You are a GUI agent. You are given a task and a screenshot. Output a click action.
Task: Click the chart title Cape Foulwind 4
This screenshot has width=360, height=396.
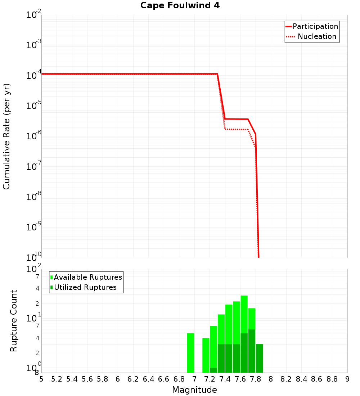tap(180, 5)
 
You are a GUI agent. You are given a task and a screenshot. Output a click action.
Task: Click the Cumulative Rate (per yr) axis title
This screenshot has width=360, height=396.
tap(6, 136)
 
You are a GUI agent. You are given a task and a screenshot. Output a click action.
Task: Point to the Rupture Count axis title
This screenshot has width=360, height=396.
tap(14, 321)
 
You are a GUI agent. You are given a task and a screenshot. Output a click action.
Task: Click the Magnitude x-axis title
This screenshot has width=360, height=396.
tap(194, 390)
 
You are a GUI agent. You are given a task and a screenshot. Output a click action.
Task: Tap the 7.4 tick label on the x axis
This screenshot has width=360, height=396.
tap(225, 379)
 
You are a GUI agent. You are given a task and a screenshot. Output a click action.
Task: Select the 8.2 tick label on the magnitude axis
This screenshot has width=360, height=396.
tap(286, 379)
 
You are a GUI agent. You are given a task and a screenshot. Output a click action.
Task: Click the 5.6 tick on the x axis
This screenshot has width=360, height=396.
tap(87, 379)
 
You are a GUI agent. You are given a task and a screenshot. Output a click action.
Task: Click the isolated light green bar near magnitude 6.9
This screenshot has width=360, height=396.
tap(190, 353)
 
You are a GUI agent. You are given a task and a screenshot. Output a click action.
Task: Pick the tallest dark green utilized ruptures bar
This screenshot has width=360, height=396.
tap(252, 351)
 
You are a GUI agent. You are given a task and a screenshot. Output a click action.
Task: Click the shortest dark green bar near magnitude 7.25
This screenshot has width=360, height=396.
tap(213, 370)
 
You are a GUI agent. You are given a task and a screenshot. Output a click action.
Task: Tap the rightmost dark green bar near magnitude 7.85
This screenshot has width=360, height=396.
tap(259, 358)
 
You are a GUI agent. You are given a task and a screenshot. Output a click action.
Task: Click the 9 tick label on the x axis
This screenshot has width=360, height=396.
tap(347, 379)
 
